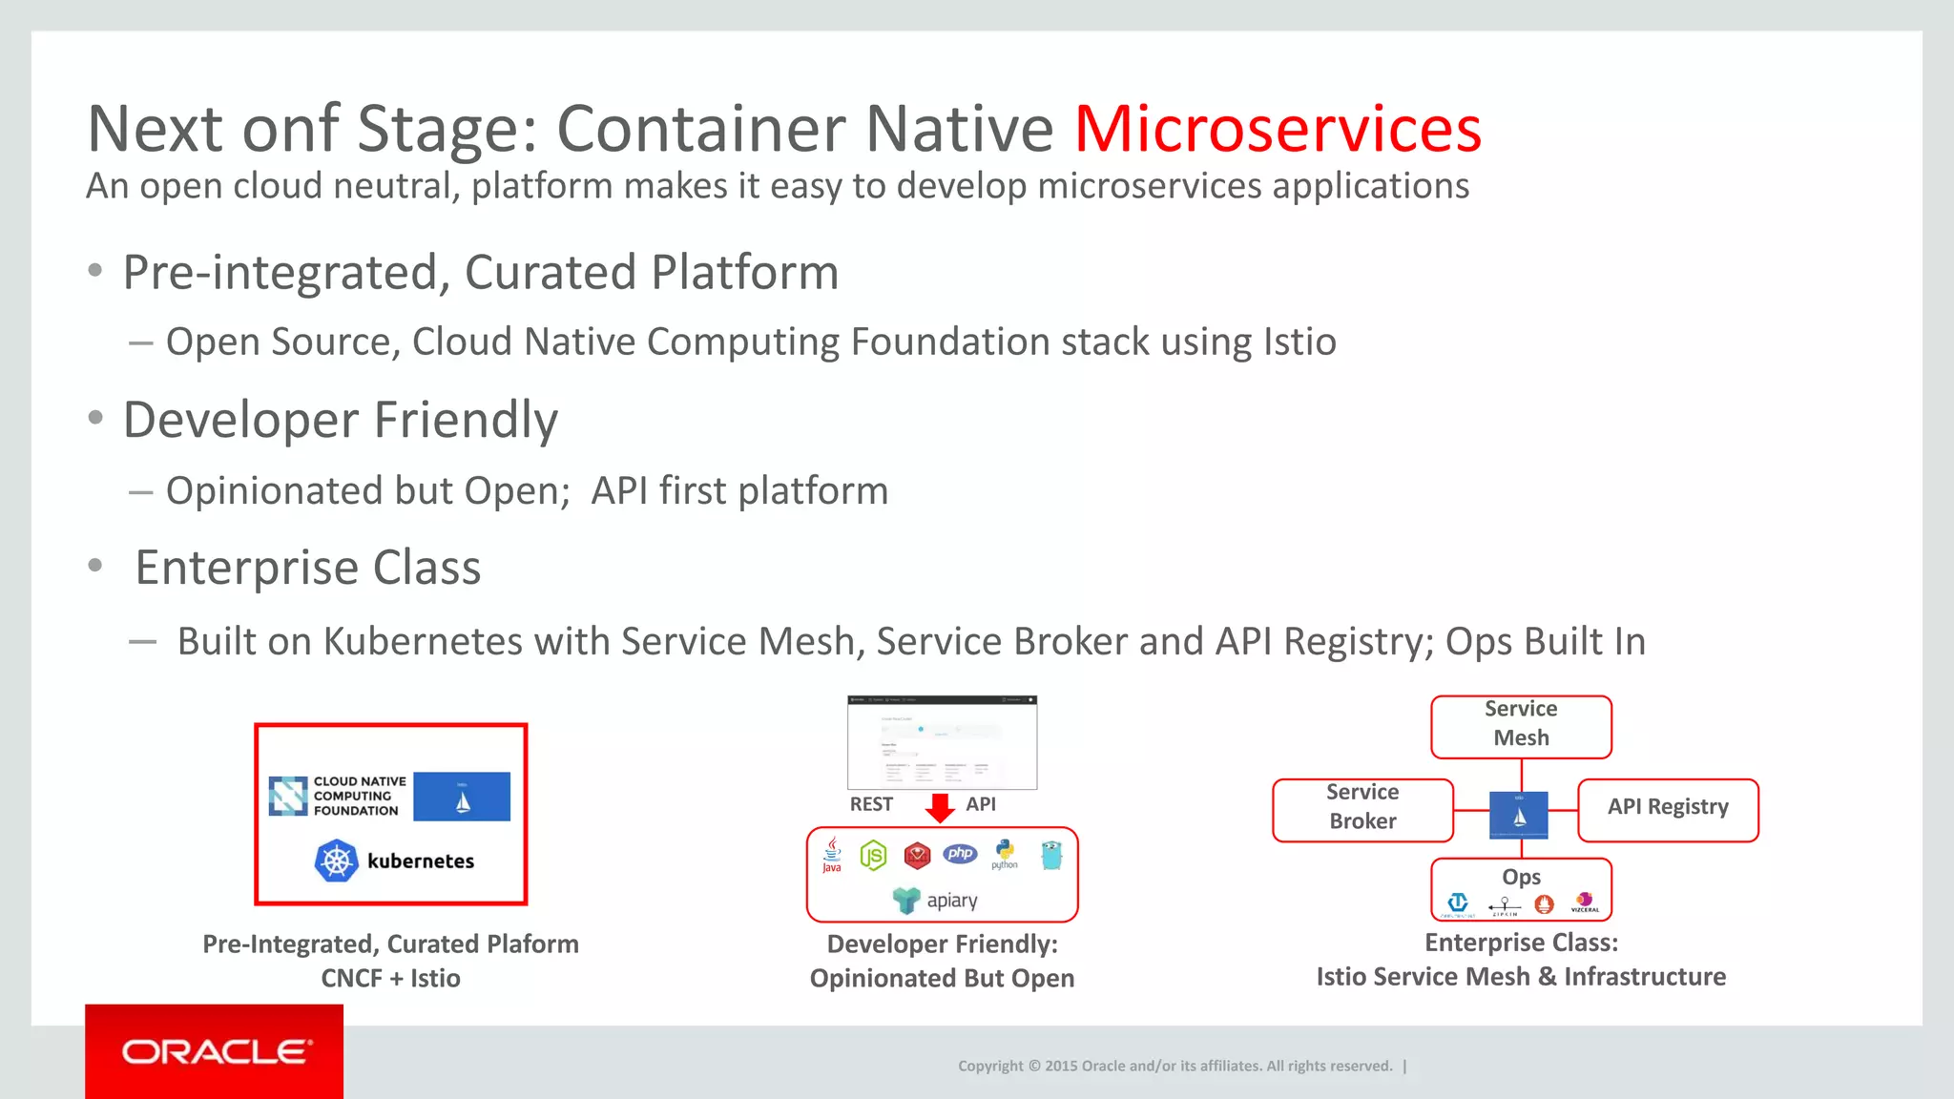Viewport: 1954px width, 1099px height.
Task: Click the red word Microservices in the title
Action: [x=1278, y=129]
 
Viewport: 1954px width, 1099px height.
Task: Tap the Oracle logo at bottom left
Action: [x=216, y=1051]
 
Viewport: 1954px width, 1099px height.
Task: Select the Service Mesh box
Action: [x=1521, y=724]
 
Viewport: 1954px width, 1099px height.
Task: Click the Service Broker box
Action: [x=1362, y=807]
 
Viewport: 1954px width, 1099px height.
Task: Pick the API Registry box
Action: [x=1667, y=807]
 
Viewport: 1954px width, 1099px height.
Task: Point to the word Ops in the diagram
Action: [x=1521, y=877]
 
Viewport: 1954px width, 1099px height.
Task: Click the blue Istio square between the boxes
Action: [x=1519, y=816]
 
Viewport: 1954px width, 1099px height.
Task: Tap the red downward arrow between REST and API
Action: [x=941, y=807]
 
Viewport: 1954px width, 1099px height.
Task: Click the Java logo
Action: [x=832, y=855]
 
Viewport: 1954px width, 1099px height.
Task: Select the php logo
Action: [x=961, y=854]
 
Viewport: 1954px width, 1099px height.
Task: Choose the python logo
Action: [x=1005, y=853]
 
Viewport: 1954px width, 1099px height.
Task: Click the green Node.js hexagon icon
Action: [x=873, y=856]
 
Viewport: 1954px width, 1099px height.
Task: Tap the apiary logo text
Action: [x=951, y=901]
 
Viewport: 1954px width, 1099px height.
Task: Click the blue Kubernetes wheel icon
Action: [x=336, y=861]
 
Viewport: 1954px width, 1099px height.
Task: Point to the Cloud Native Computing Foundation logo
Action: [x=339, y=796]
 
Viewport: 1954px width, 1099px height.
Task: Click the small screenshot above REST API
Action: [x=942, y=742]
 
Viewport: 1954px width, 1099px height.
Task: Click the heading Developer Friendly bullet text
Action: [x=341, y=421]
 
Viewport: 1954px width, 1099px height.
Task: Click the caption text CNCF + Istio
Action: [x=390, y=979]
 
